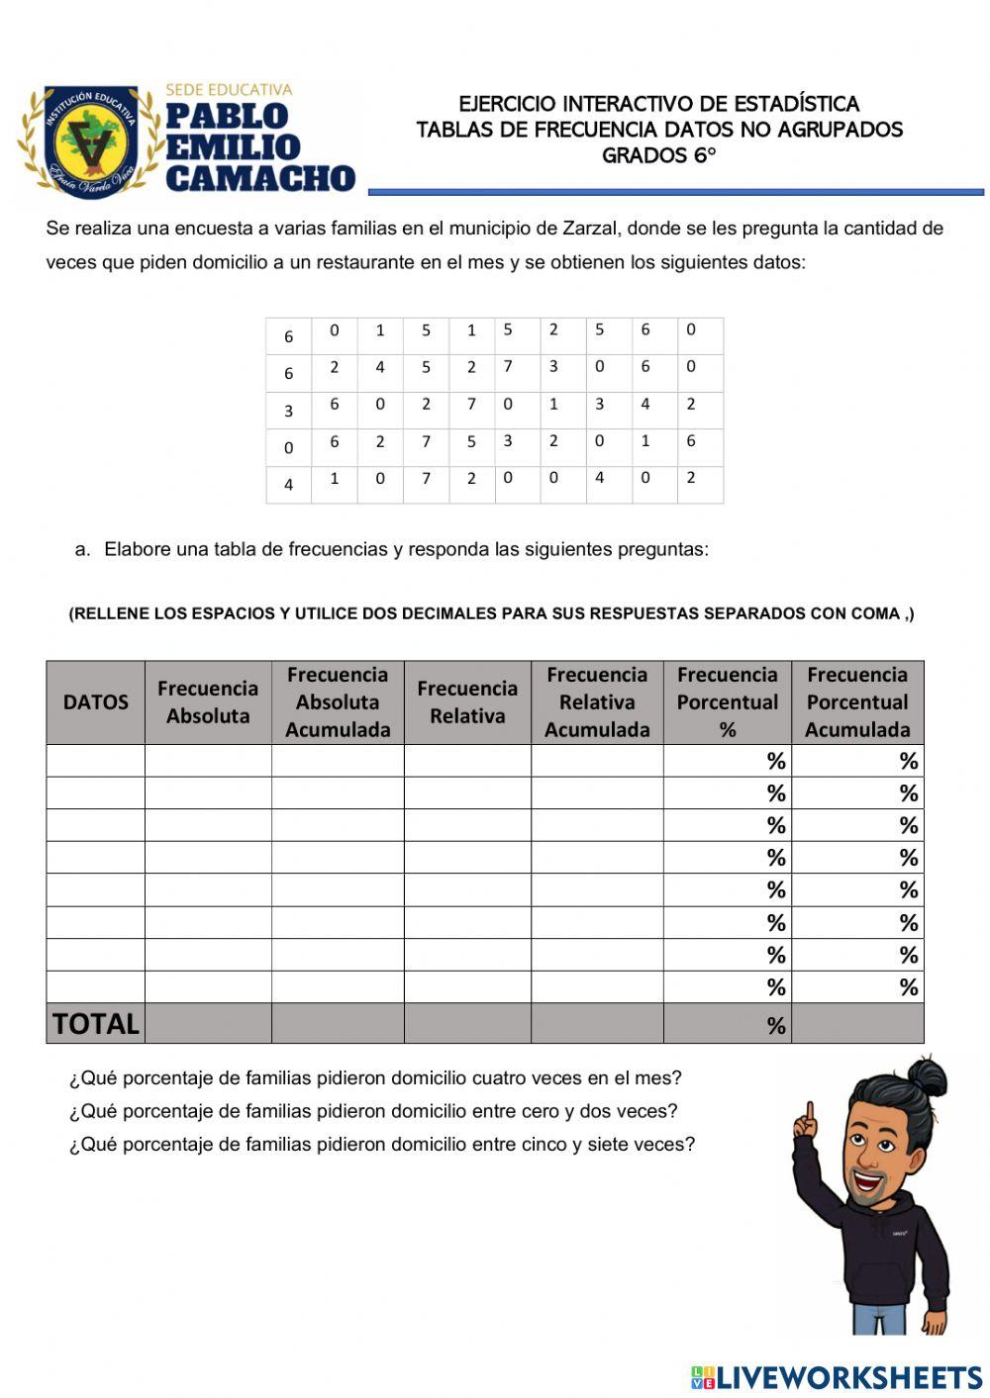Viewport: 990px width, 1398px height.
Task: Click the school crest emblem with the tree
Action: [x=91, y=141]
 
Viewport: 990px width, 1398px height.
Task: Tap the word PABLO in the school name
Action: [x=227, y=117]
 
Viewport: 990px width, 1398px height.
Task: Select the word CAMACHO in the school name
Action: [x=260, y=178]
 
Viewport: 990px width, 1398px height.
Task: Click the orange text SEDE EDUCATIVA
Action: [x=229, y=90]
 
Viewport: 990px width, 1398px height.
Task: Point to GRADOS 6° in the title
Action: [x=658, y=155]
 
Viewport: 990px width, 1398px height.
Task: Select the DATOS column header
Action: [x=96, y=702]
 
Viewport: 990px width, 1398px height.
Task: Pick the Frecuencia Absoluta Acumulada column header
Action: [x=338, y=702]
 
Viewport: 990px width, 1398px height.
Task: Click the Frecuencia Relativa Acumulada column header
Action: [x=597, y=702]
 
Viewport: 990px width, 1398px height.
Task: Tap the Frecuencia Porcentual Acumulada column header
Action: [x=857, y=702]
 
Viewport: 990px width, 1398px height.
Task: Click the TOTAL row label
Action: [x=96, y=1023]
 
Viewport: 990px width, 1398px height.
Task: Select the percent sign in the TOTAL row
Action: [x=776, y=1026]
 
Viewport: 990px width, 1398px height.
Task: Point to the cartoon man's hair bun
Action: [x=931, y=1072]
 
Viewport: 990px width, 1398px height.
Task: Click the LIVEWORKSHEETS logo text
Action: [x=848, y=1376]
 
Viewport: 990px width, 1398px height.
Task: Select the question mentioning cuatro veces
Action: [x=375, y=1078]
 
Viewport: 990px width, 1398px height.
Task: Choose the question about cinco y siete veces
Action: [x=382, y=1145]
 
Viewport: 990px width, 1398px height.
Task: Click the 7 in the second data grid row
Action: [x=508, y=367]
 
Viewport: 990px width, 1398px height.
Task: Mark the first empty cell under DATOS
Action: [x=96, y=761]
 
